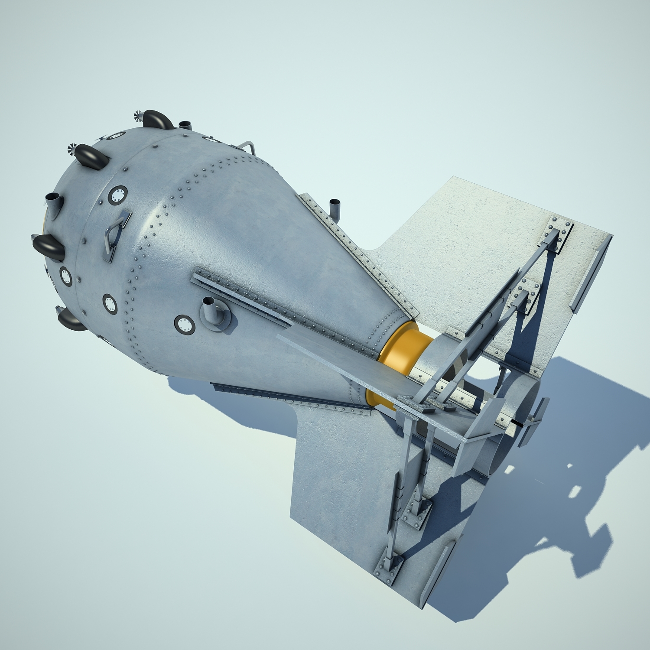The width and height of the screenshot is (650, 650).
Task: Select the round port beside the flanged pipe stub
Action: tap(185, 325)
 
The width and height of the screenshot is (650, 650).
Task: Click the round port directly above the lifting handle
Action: tap(117, 195)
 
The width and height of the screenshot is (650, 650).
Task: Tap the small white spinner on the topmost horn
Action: tap(139, 115)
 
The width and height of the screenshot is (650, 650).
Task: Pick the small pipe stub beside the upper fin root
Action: tap(335, 208)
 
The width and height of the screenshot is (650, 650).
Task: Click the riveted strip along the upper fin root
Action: tap(355, 251)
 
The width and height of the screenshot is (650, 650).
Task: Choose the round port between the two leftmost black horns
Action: tap(66, 276)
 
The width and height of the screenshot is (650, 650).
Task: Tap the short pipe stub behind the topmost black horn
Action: tap(185, 125)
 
